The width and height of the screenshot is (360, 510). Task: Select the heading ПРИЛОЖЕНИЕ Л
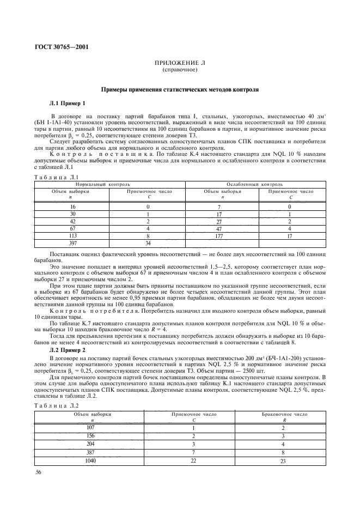click(x=180, y=64)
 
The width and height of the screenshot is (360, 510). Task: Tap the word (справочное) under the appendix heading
click(x=180, y=70)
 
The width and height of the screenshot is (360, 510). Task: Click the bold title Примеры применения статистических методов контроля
click(x=180, y=88)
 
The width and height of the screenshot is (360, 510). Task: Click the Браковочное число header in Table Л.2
click(x=282, y=414)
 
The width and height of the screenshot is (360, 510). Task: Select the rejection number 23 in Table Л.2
click(x=282, y=461)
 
